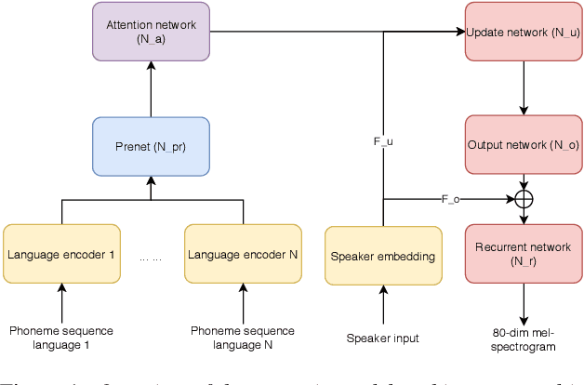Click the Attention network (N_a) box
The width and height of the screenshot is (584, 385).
point(152,32)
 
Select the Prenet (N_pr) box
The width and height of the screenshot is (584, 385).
point(152,146)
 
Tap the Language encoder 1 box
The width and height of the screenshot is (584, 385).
point(62,254)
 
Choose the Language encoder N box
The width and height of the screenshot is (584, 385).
point(243,254)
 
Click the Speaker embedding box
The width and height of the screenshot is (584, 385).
point(382,255)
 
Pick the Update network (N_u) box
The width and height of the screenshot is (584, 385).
point(523,32)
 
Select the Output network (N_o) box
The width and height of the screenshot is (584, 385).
point(523,146)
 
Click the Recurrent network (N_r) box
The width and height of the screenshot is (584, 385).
point(523,254)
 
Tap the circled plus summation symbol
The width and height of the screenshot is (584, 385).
point(524,198)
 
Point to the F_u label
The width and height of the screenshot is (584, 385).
point(383,141)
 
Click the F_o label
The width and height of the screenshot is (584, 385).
point(450,198)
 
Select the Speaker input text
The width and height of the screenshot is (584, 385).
point(382,338)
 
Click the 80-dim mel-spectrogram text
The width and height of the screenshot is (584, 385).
point(524,339)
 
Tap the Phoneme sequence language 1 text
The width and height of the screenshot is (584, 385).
point(61,338)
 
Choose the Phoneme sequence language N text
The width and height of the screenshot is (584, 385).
point(243,338)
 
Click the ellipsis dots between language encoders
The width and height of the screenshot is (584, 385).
point(151,258)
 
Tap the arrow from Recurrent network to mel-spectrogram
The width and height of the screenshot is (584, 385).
point(524,302)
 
